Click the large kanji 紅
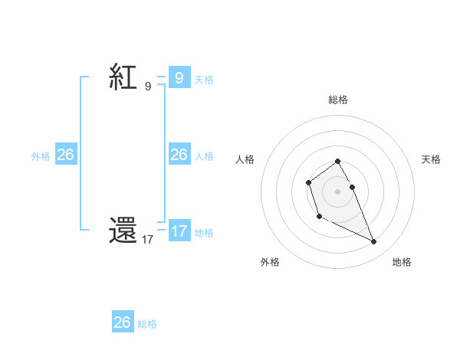click(123, 79)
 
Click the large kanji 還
click(123, 232)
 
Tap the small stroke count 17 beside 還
click(147, 240)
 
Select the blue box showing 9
click(179, 78)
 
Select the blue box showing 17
click(179, 231)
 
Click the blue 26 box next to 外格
click(65, 155)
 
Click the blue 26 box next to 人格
click(179, 155)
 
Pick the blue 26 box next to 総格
click(122, 322)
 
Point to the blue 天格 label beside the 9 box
click(204, 79)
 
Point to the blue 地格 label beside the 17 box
click(204, 232)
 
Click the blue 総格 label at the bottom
click(147, 323)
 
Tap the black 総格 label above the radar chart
click(338, 100)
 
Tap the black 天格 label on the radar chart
click(431, 159)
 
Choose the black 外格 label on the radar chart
click(270, 262)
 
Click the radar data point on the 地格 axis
click(374, 242)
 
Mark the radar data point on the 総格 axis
click(338, 162)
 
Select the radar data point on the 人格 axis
click(308, 182)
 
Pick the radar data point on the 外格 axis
click(319, 217)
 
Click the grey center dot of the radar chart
click(338, 191)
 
